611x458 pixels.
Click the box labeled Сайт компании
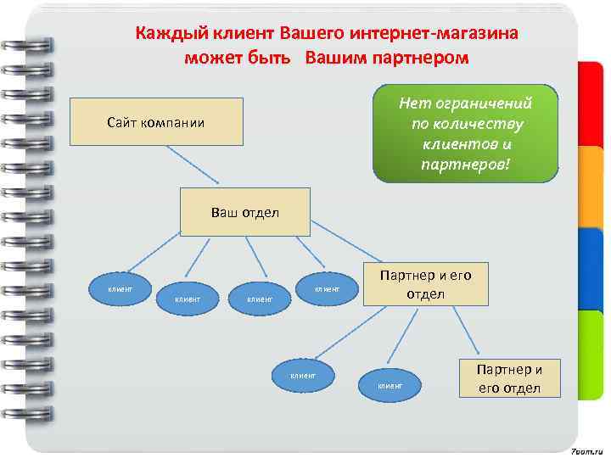pyautogui.click(x=155, y=122)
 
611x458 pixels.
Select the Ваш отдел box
pyautogui.click(x=244, y=211)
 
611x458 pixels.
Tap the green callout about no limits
pyautogui.click(x=466, y=132)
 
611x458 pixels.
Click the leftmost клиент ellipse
pyautogui.click(x=119, y=288)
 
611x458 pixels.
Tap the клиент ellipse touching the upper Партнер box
pyautogui.click(x=327, y=289)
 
